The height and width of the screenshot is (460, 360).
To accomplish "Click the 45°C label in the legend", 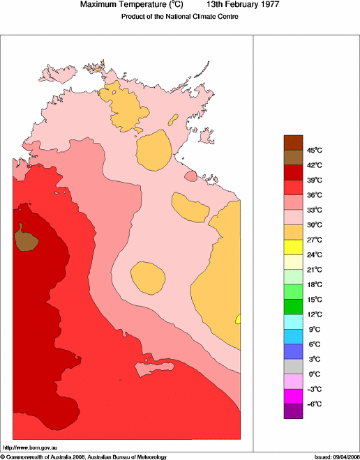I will (315, 150).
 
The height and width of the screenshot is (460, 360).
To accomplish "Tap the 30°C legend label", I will (315, 225).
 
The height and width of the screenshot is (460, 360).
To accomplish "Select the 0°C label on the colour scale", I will (315, 374).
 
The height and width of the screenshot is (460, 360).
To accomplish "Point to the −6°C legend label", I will (315, 404).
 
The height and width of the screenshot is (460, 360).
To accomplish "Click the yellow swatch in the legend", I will (293, 245).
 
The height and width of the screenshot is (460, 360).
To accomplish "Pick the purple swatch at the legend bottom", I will (293, 411).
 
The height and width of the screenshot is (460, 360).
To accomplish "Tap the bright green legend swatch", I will (293, 291).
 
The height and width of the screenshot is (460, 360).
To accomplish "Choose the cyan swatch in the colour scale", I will (293, 321).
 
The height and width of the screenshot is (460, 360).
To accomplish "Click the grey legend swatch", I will (293, 366).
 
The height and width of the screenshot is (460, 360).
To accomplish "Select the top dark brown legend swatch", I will (293, 141).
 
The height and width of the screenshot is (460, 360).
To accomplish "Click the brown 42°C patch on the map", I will (25, 239).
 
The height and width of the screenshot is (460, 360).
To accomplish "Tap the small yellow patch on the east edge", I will (239, 319).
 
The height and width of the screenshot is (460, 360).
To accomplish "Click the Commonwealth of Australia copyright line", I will (84, 457).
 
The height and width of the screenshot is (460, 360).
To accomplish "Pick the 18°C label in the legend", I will (315, 284).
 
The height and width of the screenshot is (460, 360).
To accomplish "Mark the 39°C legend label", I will (315, 180).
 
